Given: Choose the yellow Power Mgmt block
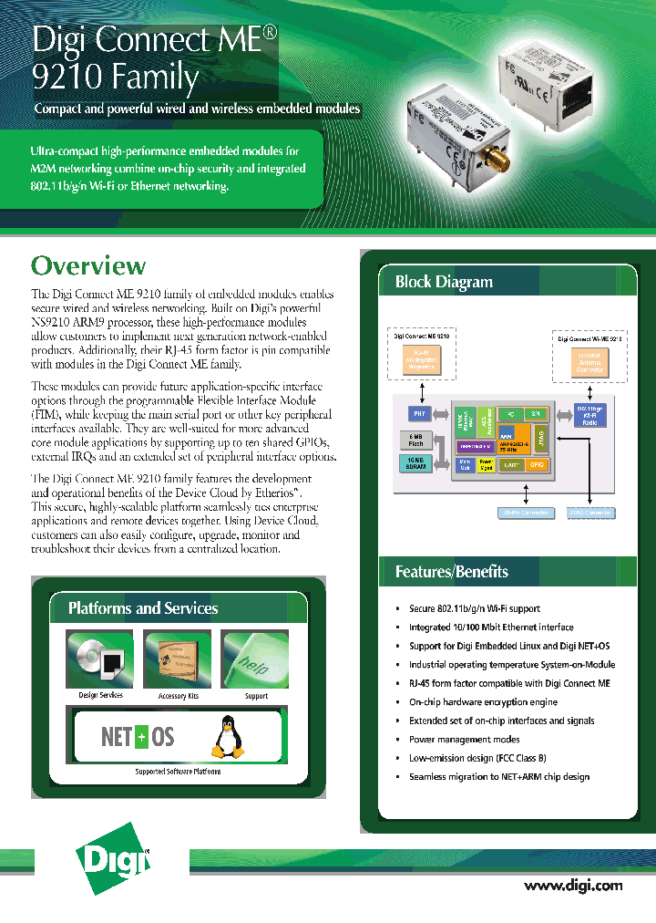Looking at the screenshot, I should tap(487, 464).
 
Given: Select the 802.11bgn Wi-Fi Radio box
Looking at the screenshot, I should tap(589, 415).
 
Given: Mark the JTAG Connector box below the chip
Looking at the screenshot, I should tap(589, 513).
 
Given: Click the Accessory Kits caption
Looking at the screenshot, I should tap(178, 696).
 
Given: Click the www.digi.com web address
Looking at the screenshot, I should tap(573, 885).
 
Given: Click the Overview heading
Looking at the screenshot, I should tap(88, 265).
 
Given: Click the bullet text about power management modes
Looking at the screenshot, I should tap(464, 740).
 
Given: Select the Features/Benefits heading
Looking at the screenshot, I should tap(452, 572).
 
